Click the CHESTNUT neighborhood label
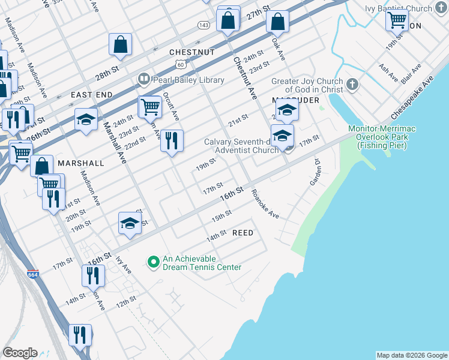pos(192,52)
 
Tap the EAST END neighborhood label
pos(91,95)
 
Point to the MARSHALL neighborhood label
pos(81,163)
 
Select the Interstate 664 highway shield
pos(34,274)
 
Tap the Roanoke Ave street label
pos(265,204)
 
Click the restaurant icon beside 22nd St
pos(172,141)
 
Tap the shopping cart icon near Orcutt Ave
pos(150,107)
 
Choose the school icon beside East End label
pos(86,119)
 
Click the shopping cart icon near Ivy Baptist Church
pos(397,19)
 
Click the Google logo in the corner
pos(20,353)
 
